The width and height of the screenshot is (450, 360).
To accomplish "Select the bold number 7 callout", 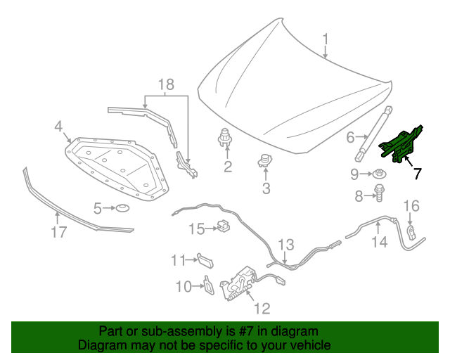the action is [x=417, y=173].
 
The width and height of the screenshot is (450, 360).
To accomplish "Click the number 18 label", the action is [x=165, y=85].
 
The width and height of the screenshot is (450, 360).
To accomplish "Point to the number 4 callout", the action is [x=59, y=127].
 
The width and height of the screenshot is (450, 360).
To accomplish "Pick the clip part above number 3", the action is [x=265, y=161].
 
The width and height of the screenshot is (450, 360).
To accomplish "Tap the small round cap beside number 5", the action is [x=122, y=207].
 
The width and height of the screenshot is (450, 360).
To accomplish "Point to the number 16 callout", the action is [x=411, y=205].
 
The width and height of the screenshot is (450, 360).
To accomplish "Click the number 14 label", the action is [x=379, y=243].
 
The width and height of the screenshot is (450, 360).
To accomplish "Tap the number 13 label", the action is [x=285, y=245].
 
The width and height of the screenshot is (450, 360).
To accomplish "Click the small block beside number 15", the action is [x=224, y=227].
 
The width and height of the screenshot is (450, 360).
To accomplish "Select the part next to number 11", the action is [x=205, y=260].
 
